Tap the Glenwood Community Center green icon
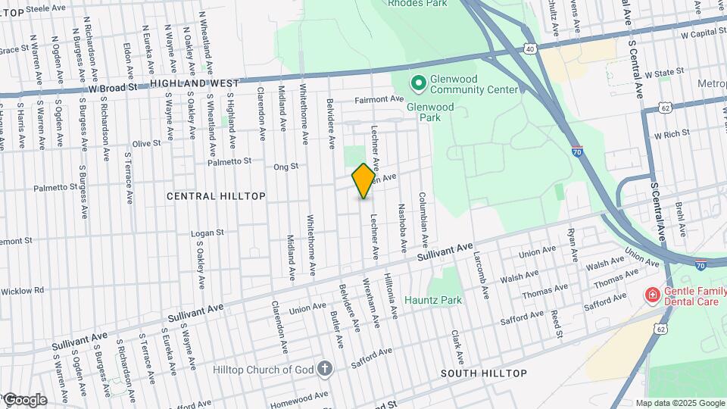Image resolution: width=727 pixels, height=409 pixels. [x=417, y=81]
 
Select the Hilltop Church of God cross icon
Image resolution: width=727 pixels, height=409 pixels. [x=325, y=369]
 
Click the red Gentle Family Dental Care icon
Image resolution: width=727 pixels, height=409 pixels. [x=651, y=294]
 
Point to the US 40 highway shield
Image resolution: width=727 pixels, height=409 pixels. [x=529, y=49]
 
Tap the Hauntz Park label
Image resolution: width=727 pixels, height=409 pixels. [x=433, y=300]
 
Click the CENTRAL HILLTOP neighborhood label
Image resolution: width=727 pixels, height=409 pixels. [x=216, y=196]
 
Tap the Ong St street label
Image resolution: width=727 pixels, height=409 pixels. [x=286, y=166]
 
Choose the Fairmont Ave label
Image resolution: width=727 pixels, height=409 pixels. [x=380, y=99]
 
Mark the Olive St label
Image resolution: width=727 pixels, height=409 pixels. [x=147, y=142]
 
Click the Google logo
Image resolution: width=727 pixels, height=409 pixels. [x=24, y=400]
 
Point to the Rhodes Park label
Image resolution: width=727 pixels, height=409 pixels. [x=417, y=3]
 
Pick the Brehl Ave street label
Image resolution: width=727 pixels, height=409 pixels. [x=681, y=217]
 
